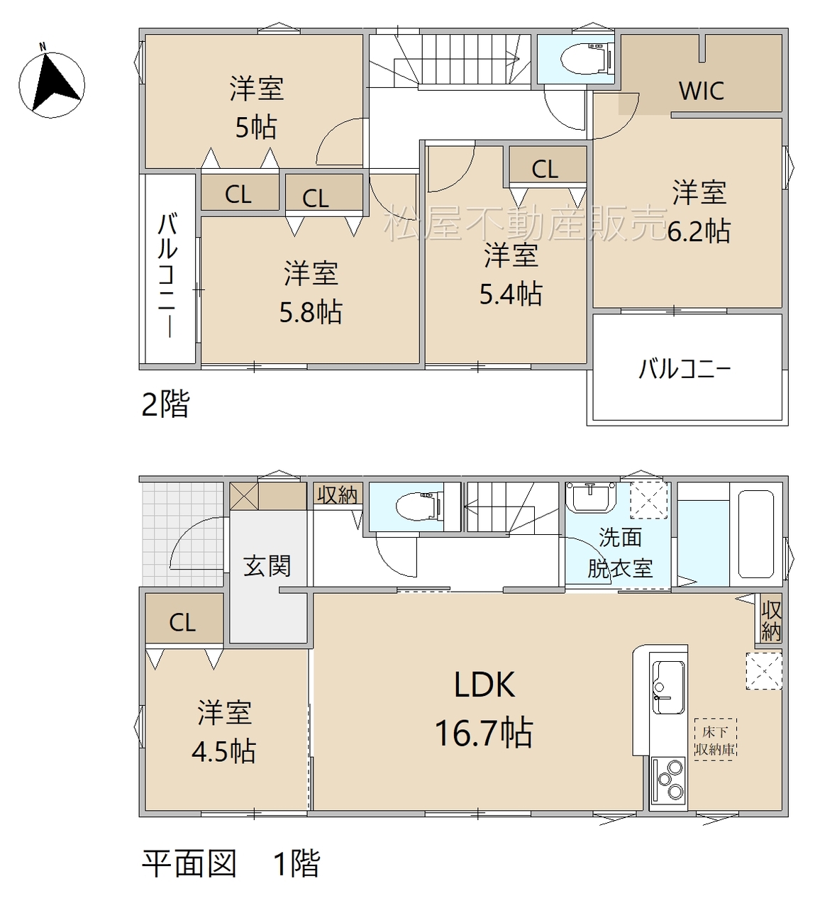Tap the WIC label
tap(702, 91)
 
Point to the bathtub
tap(755, 535)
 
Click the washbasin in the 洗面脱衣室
tap(592, 497)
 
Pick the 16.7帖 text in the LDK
tap(484, 733)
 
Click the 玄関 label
tap(267, 565)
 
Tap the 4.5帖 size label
tap(224, 751)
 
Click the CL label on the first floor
tap(182, 623)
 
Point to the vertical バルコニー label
tap(167, 275)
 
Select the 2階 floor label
tap(166, 404)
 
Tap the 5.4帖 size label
tap(511, 294)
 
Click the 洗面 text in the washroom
tap(621, 537)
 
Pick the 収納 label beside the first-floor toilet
tap(338, 494)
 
